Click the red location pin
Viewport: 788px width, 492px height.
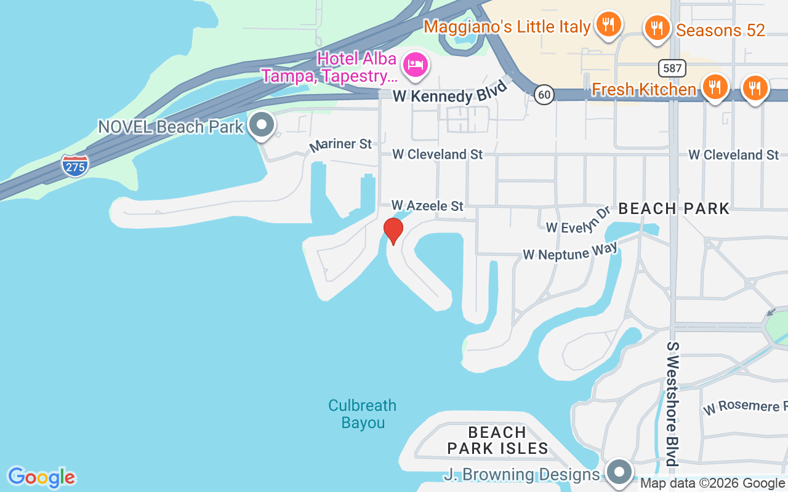click(393, 231)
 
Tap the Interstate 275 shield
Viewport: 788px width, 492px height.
click(74, 165)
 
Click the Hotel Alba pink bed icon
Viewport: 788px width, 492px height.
click(416, 65)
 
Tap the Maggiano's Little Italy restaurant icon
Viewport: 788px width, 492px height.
click(608, 25)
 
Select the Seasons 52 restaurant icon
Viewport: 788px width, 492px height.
click(657, 28)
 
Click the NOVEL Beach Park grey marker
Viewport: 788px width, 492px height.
click(262, 125)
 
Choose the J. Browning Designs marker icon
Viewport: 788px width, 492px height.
click(619, 472)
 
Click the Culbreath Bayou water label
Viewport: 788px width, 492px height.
click(362, 414)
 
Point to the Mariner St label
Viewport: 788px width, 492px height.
click(340, 145)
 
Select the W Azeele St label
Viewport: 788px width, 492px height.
click(427, 205)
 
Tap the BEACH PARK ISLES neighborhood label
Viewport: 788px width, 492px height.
click(497, 440)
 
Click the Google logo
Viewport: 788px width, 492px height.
click(41, 477)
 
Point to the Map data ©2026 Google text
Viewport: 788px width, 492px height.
click(713, 483)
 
